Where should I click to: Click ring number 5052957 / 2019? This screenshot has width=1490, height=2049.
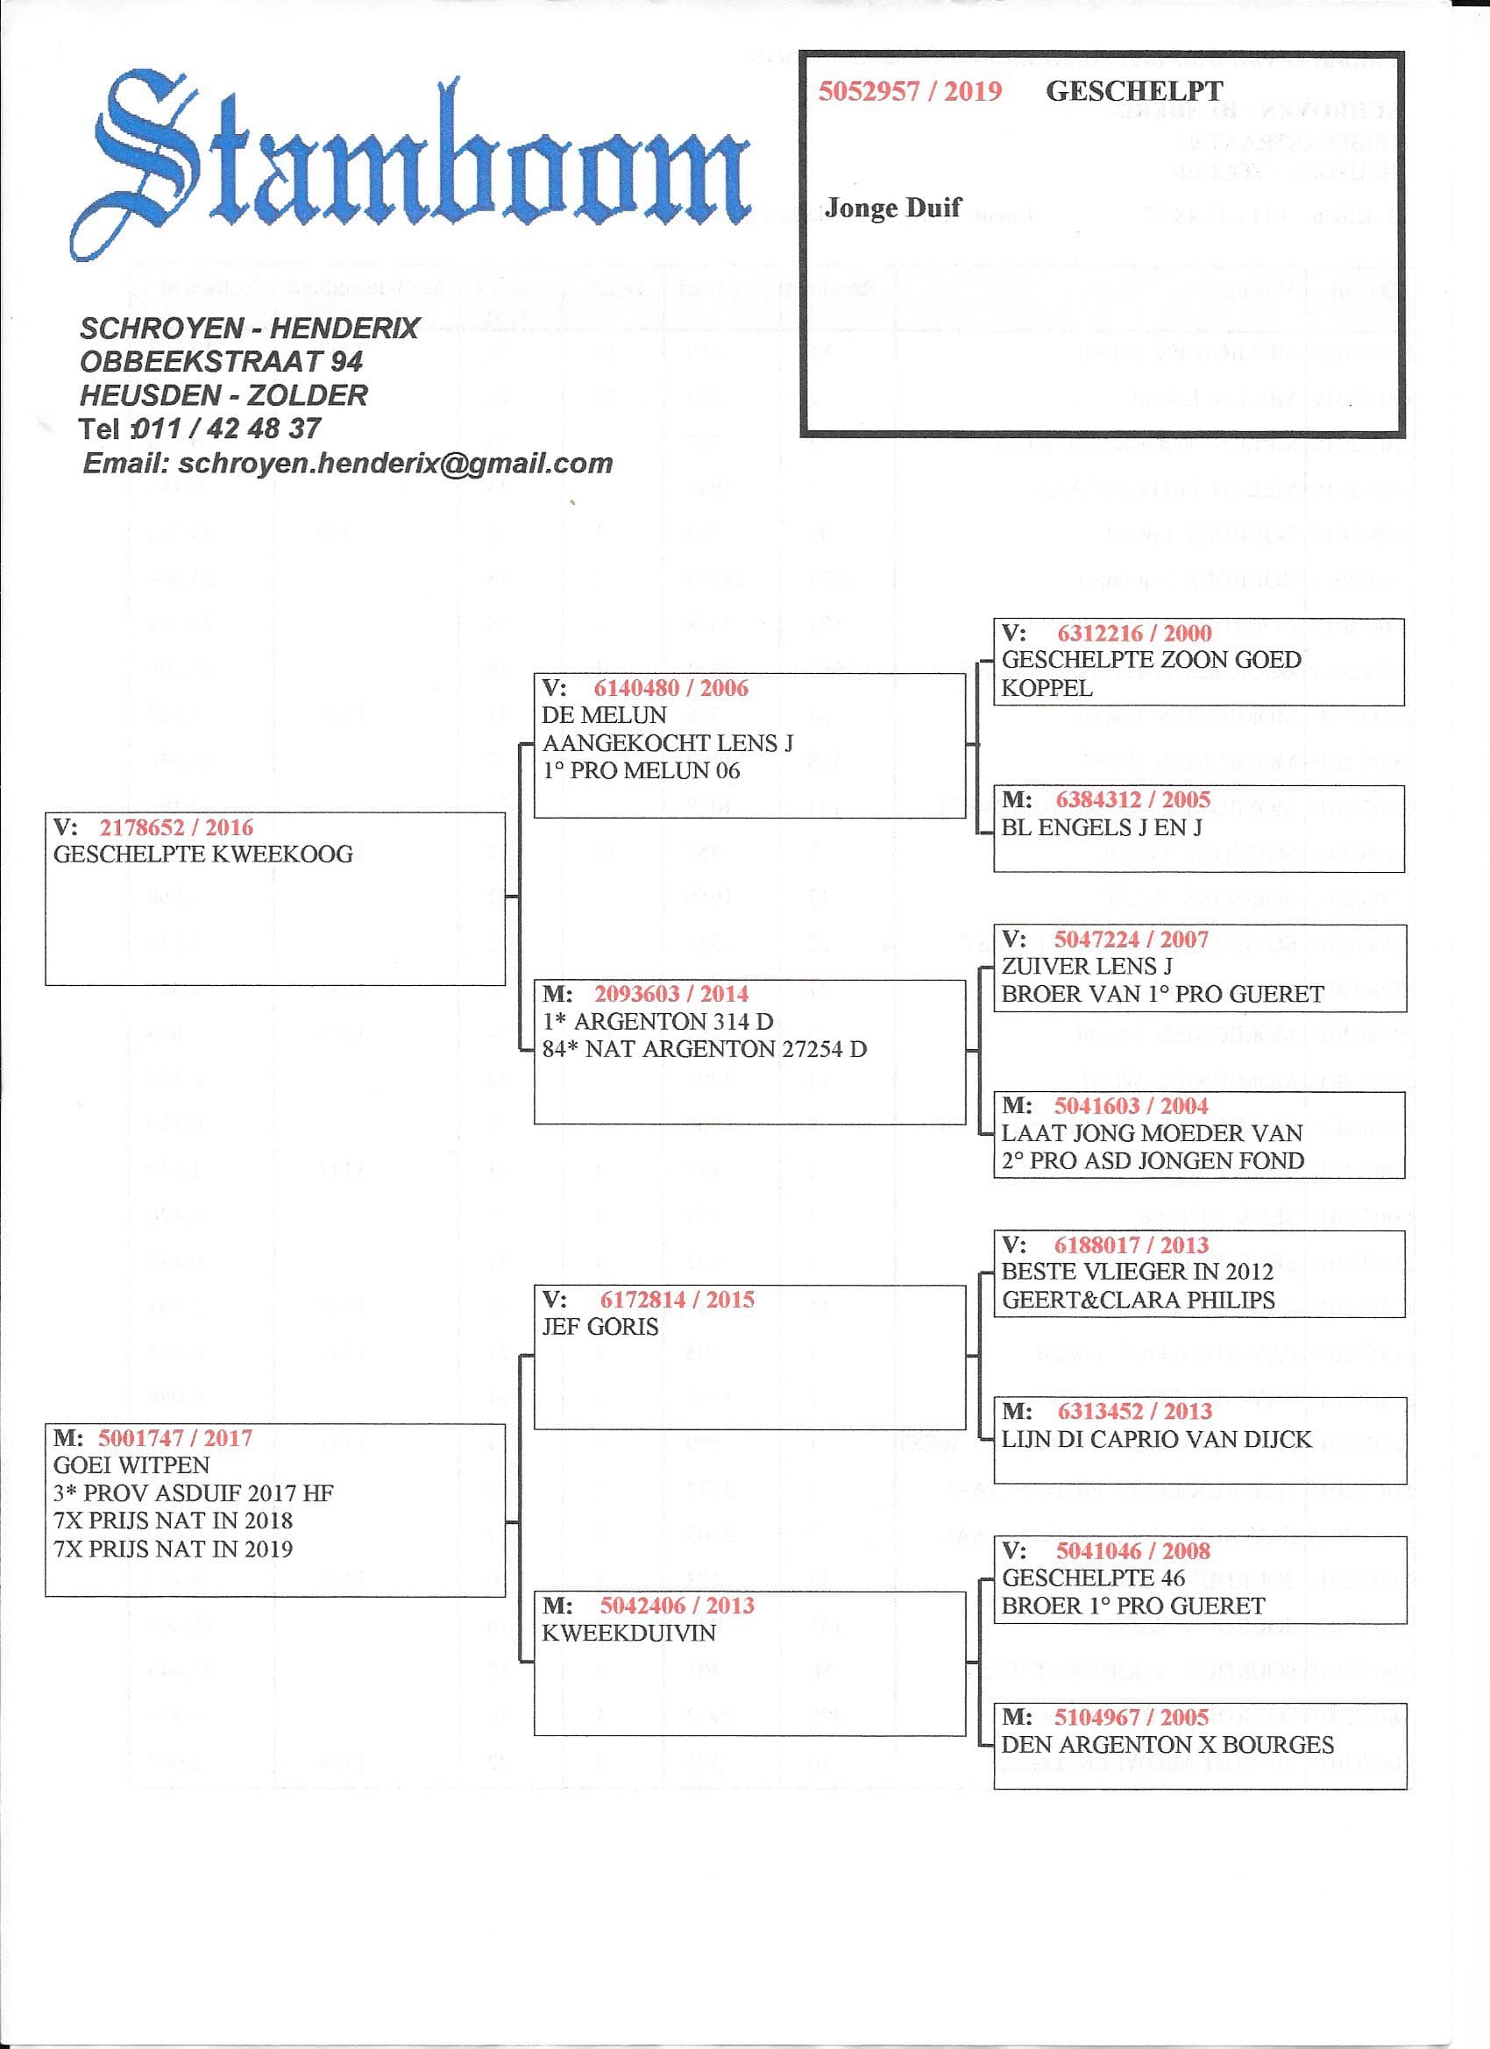point(910,91)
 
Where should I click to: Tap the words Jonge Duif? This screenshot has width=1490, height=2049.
point(893,208)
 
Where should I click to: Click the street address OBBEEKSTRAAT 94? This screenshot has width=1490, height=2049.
point(222,361)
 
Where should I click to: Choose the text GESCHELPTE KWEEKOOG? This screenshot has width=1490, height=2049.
point(203,854)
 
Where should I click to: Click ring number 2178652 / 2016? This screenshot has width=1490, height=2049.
point(176,827)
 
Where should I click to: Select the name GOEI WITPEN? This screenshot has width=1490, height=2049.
point(131,1465)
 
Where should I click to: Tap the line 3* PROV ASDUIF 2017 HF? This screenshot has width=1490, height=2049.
point(194,1493)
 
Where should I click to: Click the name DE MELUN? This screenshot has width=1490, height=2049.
point(604,715)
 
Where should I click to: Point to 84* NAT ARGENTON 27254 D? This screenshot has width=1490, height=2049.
point(704,1050)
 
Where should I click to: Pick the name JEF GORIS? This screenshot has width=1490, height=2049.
point(600,1327)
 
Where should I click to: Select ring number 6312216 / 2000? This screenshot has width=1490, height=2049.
point(1134,634)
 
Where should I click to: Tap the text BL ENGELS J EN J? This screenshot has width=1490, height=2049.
point(1102,827)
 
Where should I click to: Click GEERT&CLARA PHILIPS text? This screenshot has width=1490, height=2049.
point(1138,1300)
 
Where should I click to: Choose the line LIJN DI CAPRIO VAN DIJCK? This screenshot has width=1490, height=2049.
point(1156,1439)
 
